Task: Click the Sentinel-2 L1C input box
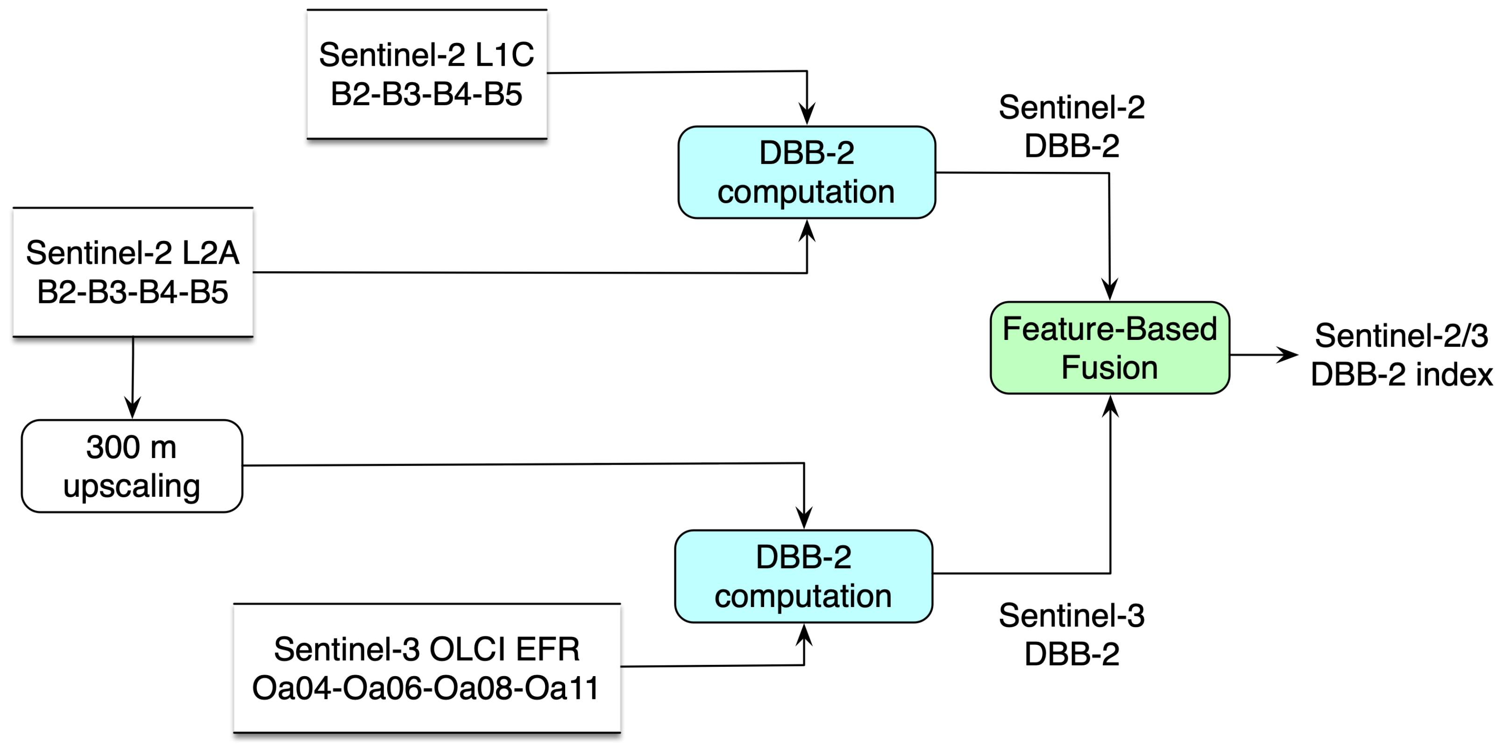coord(427,74)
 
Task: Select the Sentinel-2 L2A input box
coord(133,272)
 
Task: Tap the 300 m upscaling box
coord(132,466)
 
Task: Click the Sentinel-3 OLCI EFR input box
coord(427,668)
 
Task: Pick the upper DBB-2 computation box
coord(806,172)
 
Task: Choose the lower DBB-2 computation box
coord(803,577)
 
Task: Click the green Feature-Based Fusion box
coord(1110,348)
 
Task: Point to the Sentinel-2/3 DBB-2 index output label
coord(1401,355)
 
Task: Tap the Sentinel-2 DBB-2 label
coord(1071,127)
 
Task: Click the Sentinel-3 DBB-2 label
coord(1071,635)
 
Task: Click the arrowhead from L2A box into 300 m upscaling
coord(133,407)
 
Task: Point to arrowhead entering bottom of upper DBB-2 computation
coord(807,231)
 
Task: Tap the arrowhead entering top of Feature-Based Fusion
coord(1109,289)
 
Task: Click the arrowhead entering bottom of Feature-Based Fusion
coord(1110,406)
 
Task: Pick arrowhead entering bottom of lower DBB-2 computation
coord(804,635)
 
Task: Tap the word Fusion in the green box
coord(1109,367)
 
